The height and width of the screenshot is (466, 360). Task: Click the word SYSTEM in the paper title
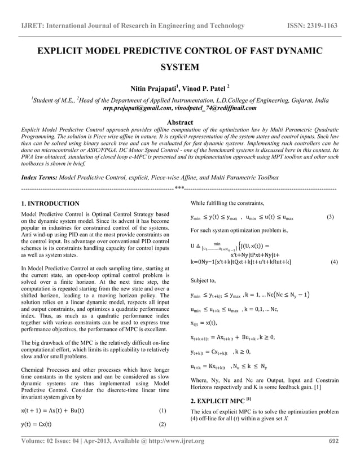[x=179, y=68]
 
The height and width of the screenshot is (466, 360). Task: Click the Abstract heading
[x=179, y=122]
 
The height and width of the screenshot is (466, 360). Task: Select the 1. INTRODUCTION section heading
[x=50, y=203]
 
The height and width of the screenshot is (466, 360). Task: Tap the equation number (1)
[x=163, y=411]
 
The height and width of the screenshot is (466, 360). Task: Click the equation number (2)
[x=163, y=424]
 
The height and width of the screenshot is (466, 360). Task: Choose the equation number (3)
[x=332, y=217]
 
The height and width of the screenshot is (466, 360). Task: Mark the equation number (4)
[x=333, y=262]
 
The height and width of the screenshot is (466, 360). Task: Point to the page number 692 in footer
[x=333, y=456]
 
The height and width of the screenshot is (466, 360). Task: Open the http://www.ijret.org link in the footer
[x=174, y=456]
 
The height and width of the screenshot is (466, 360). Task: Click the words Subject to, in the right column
[x=204, y=280]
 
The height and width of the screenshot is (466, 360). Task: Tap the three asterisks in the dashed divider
[x=179, y=188]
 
